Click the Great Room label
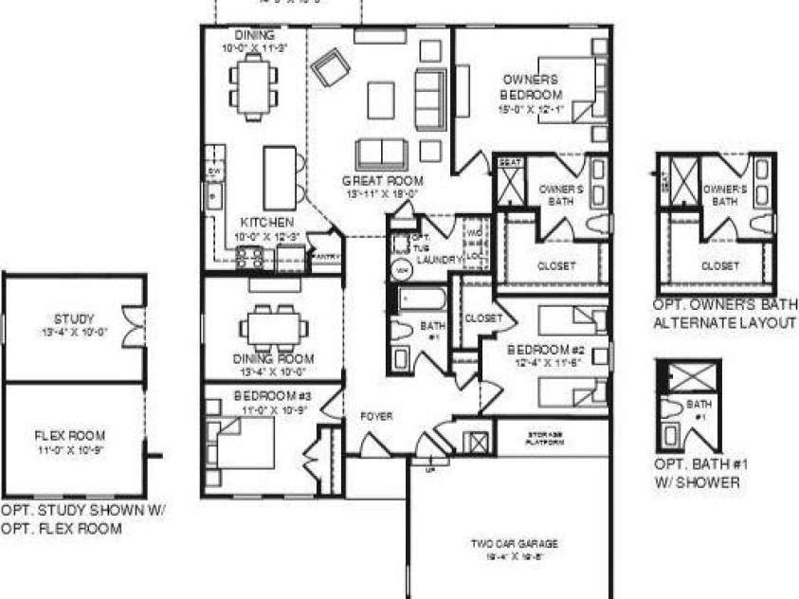383,180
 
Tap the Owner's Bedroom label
532,87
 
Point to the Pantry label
324,255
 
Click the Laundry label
438,259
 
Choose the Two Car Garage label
515,544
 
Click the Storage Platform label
545,439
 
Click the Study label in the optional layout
75,318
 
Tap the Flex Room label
74,437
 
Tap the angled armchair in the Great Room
331,68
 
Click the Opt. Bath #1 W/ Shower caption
699,474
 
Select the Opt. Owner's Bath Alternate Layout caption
725,314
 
